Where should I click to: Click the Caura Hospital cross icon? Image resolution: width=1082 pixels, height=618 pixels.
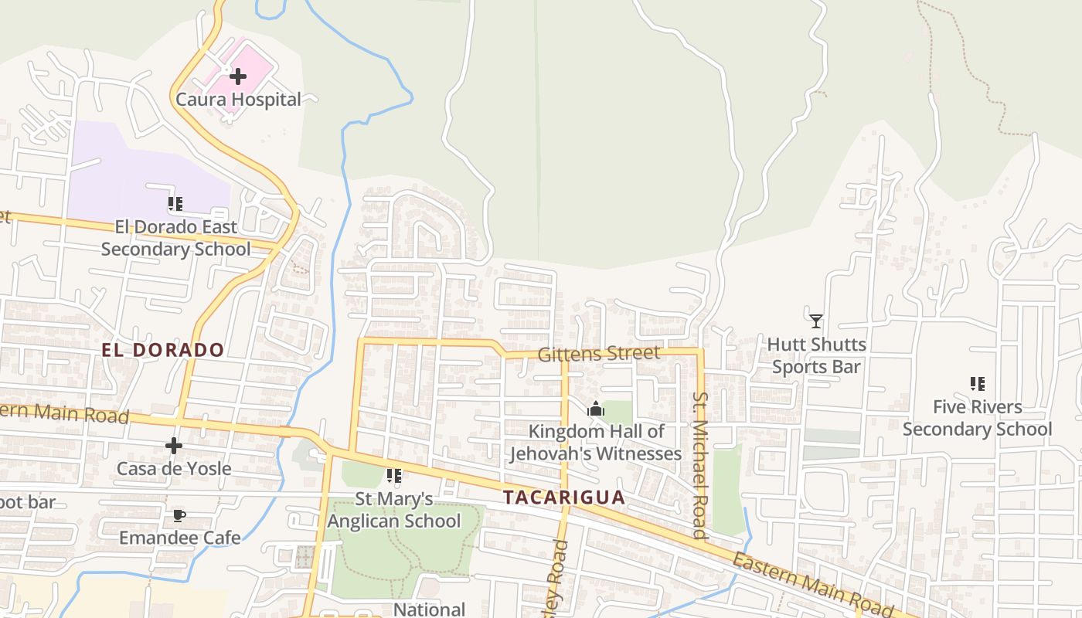[238, 76]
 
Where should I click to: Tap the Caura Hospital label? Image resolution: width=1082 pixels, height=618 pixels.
[238, 100]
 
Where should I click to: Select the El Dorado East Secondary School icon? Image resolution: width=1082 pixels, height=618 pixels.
[175, 204]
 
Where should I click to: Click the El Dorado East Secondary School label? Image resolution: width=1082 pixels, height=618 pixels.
[175, 238]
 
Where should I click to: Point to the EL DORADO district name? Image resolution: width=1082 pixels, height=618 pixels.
[163, 350]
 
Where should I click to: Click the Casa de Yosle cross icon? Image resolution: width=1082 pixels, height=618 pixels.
[174, 446]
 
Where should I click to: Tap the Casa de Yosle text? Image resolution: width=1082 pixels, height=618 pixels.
[174, 469]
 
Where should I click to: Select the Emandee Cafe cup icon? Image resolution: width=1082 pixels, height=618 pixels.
[179, 515]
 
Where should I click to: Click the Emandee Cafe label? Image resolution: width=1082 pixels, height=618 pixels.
[179, 538]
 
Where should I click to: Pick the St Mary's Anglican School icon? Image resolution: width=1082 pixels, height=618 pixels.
[394, 476]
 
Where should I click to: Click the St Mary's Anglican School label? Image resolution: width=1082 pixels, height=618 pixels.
[394, 510]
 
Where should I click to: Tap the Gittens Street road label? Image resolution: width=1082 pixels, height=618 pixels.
[599, 354]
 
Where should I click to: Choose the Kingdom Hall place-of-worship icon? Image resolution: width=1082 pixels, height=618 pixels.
[595, 409]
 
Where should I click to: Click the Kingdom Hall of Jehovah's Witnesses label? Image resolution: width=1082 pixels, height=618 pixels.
[595, 443]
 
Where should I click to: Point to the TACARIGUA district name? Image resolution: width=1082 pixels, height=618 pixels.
[564, 497]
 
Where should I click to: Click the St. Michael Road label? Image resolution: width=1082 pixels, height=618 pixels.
[700, 465]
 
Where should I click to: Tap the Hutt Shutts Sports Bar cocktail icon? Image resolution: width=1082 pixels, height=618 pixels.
[816, 321]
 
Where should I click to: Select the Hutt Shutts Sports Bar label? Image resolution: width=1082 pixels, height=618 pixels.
[816, 355]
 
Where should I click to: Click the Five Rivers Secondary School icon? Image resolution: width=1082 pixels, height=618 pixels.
[977, 383]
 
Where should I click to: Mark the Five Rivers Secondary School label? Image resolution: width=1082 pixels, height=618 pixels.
[977, 418]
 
